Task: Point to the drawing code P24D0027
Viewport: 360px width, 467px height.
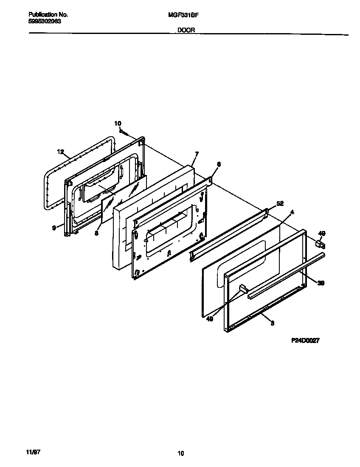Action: point(305,340)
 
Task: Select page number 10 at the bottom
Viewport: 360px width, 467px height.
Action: point(181,453)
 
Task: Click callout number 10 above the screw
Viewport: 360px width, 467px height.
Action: point(118,124)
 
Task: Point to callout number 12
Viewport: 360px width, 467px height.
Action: point(60,151)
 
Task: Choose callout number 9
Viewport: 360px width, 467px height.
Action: point(54,228)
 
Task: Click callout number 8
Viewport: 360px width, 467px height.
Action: point(96,233)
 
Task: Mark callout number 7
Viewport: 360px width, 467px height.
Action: point(197,153)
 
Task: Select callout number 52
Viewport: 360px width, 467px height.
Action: point(280,203)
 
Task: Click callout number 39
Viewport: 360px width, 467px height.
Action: point(321,283)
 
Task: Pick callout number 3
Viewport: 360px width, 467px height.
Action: point(272,324)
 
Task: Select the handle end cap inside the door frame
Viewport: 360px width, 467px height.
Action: point(243,289)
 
